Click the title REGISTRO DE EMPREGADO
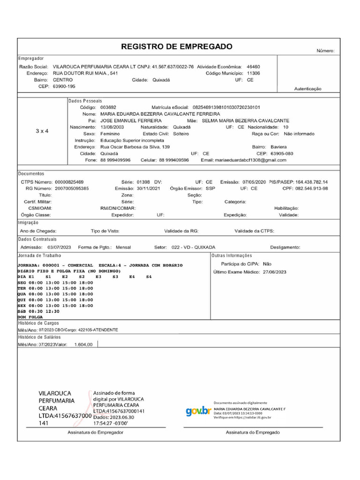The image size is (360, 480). pyautogui.click(x=177, y=46)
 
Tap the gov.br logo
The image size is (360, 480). pyautogui.click(x=198, y=411)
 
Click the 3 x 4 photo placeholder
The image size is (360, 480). pyautogui.click(x=42, y=131)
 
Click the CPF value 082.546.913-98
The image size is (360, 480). pyautogui.click(x=311, y=188)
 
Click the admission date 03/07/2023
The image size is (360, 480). pyautogui.click(x=59, y=247)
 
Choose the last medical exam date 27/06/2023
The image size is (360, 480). pyautogui.click(x=275, y=272)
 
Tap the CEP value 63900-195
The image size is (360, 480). pyautogui.click(x=64, y=86)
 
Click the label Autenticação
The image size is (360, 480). pyautogui.click(x=307, y=89)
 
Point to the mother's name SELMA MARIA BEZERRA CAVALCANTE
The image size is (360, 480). pyautogui.click(x=245, y=120)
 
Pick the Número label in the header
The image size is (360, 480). pyautogui.click(x=325, y=51)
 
